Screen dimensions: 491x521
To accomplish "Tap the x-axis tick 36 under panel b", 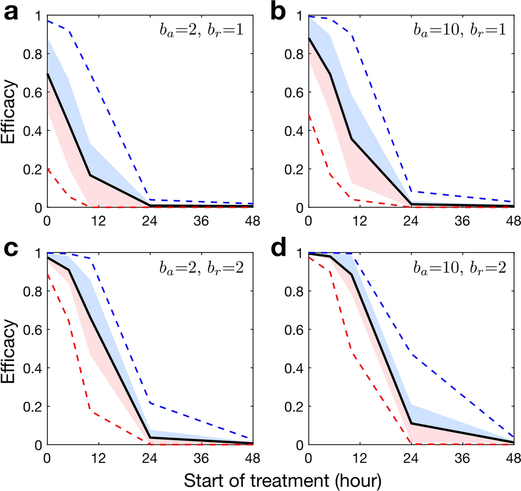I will point(462,220).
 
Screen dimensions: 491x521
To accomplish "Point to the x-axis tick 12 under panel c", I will point(98,458).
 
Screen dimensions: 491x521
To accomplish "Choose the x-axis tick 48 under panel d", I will point(513,458).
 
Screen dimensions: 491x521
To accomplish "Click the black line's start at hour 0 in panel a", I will point(47,74).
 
